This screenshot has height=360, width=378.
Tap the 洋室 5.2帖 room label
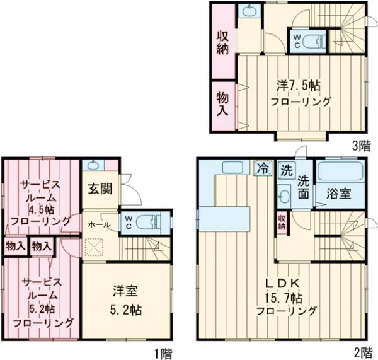(x=126, y=300)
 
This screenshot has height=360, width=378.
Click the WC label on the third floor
(x=295, y=42)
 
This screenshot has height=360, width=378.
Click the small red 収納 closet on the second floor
(x=281, y=223)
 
